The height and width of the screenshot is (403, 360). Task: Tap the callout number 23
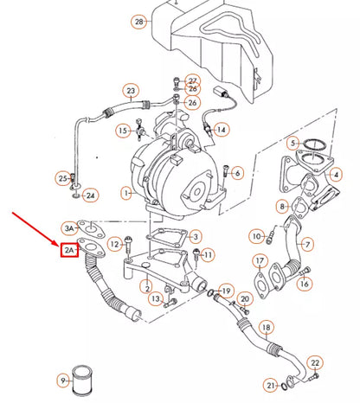[x=131, y=90]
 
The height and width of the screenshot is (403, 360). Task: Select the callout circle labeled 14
[x=221, y=130]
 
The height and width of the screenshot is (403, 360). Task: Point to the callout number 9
[x=63, y=381]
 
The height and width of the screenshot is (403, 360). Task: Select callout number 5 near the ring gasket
[x=294, y=144]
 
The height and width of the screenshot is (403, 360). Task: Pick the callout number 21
[x=271, y=384]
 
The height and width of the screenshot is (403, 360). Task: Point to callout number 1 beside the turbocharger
[x=126, y=192]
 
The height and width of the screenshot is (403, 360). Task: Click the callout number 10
[x=256, y=235]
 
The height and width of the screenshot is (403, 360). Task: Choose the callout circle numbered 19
[x=226, y=290]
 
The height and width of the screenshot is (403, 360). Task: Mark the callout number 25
[x=62, y=178]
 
